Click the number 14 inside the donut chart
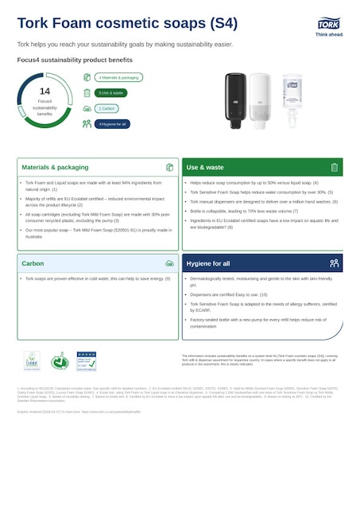pyautogui.click(x=45, y=91)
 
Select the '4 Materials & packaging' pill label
pyautogui.click(x=118, y=77)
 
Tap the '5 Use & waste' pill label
pyautogui.click(x=111, y=92)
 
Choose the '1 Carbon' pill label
pyautogui.click(x=107, y=108)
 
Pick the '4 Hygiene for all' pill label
pyautogui.click(x=112, y=123)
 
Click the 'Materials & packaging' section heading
pyautogui.click(x=55, y=168)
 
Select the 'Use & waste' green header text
pyautogui.click(x=205, y=168)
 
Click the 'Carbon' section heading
pyautogui.click(x=33, y=262)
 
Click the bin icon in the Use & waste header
pyautogui.click(x=335, y=168)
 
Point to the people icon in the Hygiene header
pyautogui.click(x=335, y=262)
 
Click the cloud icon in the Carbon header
pyautogui.click(x=169, y=262)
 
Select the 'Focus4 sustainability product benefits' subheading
pyautogui.click(x=75, y=60)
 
